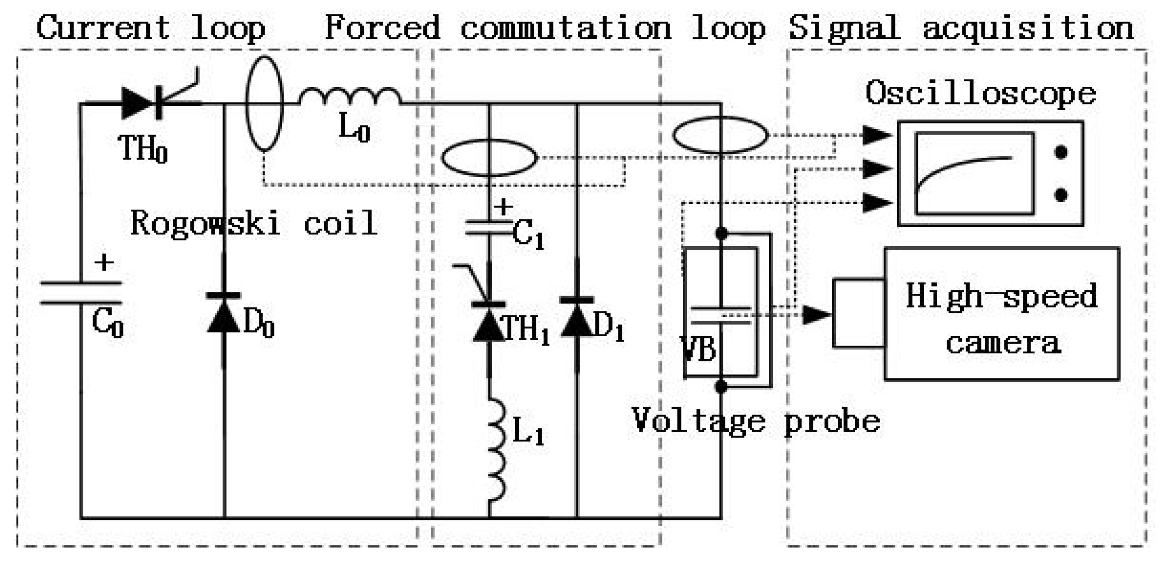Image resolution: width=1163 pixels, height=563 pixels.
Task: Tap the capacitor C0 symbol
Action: pos(81,293)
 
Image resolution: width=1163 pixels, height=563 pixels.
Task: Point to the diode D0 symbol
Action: pos(224,313)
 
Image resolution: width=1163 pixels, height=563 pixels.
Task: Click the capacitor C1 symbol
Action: pos(489,228)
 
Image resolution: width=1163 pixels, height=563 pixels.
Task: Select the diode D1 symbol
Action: pos(577,318)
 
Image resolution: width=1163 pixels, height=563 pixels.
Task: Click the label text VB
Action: pos(698,350)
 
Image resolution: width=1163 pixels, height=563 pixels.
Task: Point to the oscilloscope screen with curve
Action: pos(974,173)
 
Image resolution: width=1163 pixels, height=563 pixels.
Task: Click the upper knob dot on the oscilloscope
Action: pos(1061,153)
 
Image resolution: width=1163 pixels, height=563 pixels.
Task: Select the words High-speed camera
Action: pos(1002,319)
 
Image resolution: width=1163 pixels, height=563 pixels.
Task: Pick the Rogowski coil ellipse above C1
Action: pos(489,157)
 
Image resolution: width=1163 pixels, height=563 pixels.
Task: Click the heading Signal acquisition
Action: pos(961,28)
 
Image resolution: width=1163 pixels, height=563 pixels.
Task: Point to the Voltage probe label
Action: pos(756,422)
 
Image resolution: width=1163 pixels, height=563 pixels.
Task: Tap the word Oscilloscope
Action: pos(980,94)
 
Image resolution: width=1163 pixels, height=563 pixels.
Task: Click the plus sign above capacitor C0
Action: pos(104,263)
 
